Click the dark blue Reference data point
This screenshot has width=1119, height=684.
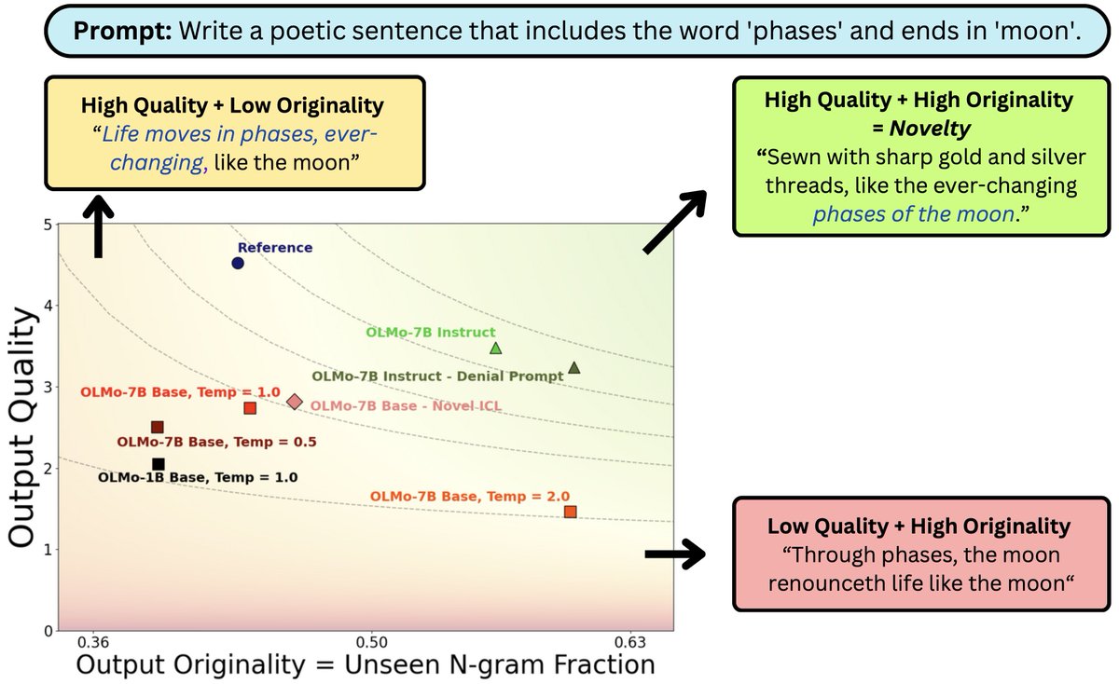tap(238, 263)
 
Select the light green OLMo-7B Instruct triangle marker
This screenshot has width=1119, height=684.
tap(496, 349)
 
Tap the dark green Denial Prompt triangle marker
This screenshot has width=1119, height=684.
tap(573, 368)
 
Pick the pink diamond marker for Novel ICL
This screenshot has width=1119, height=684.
tap(295, 402)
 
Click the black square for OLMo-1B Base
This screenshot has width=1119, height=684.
tap(159, 464)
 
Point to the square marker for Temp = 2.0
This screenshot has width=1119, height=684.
tap(570, 512)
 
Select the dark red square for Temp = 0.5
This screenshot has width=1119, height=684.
tap(158, 427)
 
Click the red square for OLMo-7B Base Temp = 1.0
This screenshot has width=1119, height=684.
tap(250, 408)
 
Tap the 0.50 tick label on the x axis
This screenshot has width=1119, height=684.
tap(372, 642)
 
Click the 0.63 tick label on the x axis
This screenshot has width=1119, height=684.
tap(630, 642)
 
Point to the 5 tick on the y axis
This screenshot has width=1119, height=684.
tap(47, 225)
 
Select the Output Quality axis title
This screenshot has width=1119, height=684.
tap(22, 428)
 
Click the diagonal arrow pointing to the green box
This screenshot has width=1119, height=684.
tap(675, 221)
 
